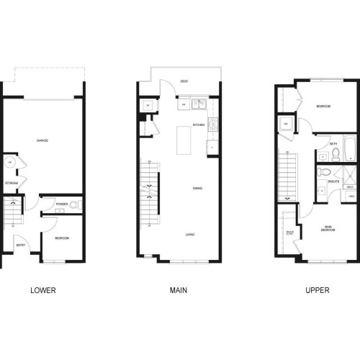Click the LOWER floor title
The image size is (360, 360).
[x=43, y=291]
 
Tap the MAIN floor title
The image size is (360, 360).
[x=179, y=291]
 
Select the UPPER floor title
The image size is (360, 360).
[x=317, y=291]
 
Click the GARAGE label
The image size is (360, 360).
[x=42, y=141]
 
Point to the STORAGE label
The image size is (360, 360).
[x=11, y=184]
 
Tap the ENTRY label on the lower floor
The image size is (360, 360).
[x=20, y=246]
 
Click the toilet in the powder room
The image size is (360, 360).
[x=73, y=204]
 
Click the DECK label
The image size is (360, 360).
[x=184, y=81]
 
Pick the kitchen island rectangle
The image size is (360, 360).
[x=183, y=136]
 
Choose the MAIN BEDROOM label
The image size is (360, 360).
[x=328, y=229]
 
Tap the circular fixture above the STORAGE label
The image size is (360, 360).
[x=9, y=163]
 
